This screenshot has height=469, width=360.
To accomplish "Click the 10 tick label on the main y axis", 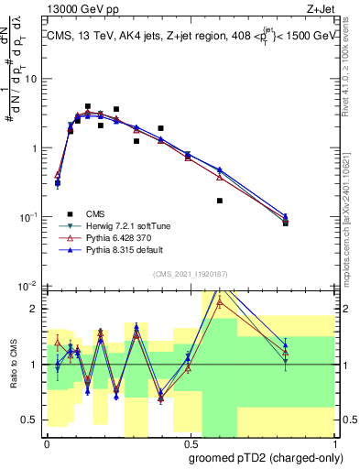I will pyautogui.click(x=30, y=79).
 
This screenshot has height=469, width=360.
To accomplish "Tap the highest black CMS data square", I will pyautogui.click(x=87, y=106).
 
